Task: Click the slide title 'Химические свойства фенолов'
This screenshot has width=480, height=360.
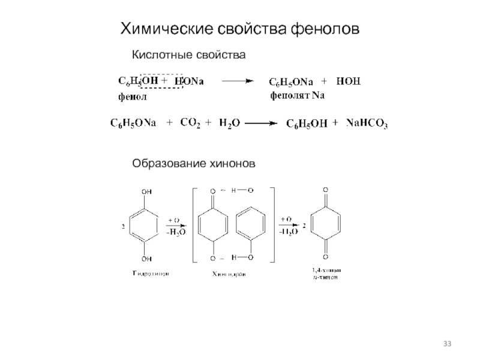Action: (241, 29)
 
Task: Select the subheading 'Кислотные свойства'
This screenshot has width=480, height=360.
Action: (189, 55)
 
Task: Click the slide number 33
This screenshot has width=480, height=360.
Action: (447, 343)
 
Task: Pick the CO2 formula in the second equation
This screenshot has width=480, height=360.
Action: (190, 123)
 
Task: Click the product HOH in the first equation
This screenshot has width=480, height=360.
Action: (349, 81)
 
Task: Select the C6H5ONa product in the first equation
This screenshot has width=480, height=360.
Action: (290, 82)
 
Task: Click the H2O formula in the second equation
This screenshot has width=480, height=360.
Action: (229, 123)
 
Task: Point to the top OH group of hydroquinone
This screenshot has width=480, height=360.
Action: (146, 192)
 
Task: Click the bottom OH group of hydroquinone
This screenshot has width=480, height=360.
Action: (146, 259)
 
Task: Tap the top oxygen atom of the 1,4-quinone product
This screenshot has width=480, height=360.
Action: (325, 190)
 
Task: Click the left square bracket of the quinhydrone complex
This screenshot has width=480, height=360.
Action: (193, 225)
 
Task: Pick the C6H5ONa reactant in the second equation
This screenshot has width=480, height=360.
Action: (133, 123)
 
